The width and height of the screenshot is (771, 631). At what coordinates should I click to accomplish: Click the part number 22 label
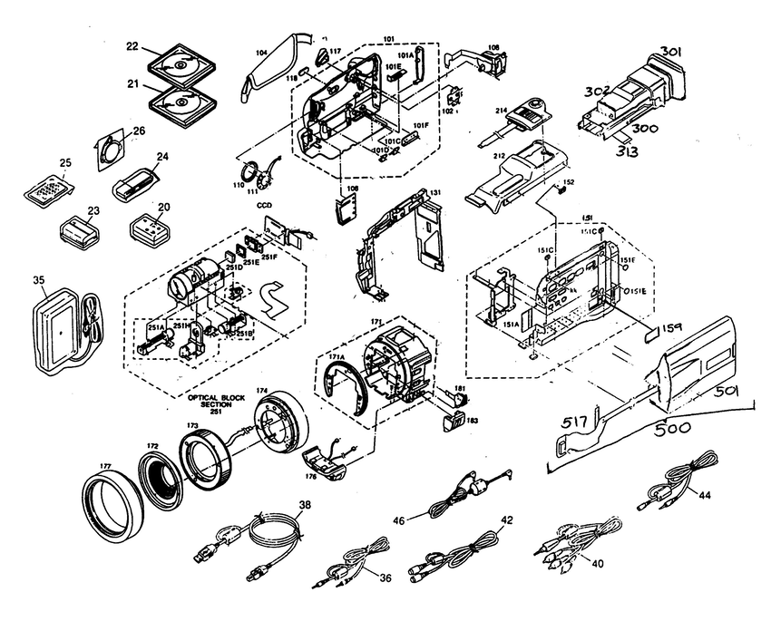point(132,47)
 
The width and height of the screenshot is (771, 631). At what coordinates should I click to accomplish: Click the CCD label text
point(263,206)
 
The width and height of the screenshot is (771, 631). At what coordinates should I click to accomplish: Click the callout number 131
point(435,192)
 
